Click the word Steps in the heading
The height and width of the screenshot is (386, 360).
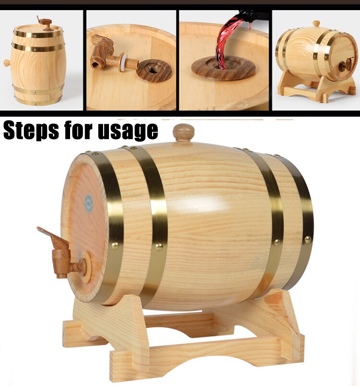31,130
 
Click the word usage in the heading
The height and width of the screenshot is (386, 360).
128,131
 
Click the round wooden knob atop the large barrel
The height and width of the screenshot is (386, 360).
183,133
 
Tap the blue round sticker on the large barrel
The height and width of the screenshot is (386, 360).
89,204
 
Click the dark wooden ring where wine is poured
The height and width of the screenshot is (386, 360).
223,68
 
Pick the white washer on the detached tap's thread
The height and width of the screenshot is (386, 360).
123,63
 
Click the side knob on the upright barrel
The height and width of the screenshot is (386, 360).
7,63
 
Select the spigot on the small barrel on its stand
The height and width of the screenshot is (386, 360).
346,64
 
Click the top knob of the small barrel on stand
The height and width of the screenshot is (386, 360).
316,24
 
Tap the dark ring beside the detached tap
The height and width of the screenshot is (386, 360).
154,71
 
